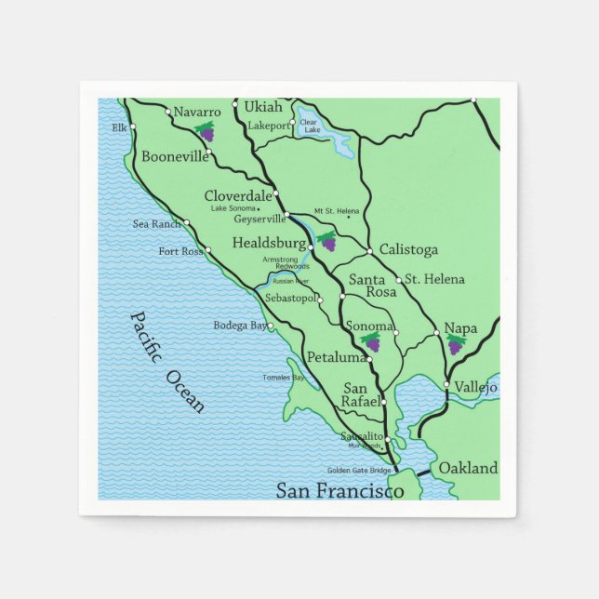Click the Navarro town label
tap(197, 112)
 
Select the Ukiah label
tap(263, 107)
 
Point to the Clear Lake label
tap(309, 126)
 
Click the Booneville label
tap(175, 156)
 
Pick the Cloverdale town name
tap(238, 195)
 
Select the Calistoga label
tap(408, 250)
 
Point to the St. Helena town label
tap(434, 279)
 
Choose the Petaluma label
tap(337, 357)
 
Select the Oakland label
tap(468, 468)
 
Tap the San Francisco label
tap(339, 490)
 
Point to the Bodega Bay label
tap(240, 326)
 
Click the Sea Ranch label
tap(157, 224)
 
